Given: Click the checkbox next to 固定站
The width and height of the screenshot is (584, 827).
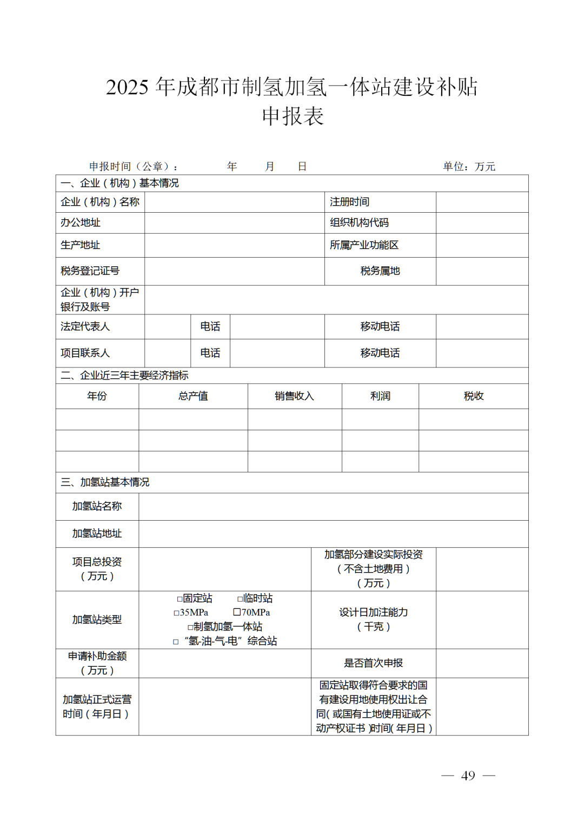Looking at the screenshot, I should [180, 599].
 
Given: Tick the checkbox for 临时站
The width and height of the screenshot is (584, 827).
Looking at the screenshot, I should [240, 599].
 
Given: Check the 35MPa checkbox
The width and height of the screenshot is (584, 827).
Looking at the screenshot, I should [176, 613].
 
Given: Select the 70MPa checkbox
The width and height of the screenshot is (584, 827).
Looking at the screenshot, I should [237, 612].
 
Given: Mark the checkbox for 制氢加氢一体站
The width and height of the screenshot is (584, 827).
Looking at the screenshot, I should [190, 627].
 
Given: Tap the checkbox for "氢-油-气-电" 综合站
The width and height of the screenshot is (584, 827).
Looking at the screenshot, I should [176, 642].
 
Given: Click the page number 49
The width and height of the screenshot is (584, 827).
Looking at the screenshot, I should [468, 776].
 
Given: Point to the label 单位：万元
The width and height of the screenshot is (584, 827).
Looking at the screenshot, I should [469, 167].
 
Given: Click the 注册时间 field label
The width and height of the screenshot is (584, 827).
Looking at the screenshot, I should [349, 202].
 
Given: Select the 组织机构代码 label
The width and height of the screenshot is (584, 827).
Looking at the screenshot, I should [359, 222].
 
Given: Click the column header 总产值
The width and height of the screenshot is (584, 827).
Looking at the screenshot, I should [193, 396].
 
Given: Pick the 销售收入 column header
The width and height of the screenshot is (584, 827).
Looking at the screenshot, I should [294, 396].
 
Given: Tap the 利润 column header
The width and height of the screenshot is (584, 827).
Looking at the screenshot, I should [380, 396].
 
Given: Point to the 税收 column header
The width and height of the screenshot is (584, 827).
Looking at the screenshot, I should [474, 396].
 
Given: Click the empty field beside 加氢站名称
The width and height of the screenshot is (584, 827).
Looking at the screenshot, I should [333, 507].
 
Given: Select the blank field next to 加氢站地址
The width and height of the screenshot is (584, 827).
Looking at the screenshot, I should [333, 534].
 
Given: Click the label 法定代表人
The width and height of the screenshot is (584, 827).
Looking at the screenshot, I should [85, 326].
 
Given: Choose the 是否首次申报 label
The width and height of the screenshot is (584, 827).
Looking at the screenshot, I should [373, 663].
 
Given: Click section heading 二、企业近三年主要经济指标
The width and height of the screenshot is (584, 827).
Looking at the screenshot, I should [124, 376].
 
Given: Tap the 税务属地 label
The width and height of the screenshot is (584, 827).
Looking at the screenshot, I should [380, 271].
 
